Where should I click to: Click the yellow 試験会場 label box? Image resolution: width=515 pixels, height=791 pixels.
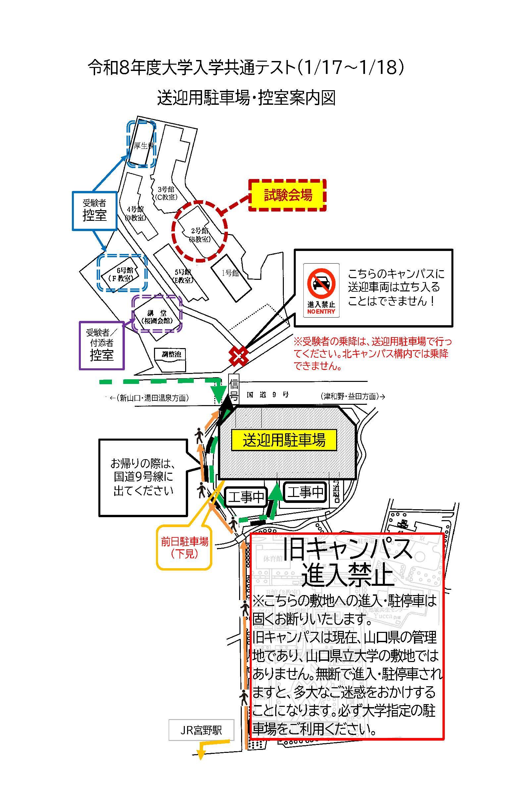click(287, 195)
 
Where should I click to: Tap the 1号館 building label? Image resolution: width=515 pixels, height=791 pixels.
click(230, 273)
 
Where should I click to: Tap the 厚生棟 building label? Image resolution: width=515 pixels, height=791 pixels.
click(143, 146)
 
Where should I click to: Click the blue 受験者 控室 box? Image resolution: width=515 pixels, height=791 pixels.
click(95, 211)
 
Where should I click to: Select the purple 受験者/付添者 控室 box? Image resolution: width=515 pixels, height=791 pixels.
click(102, 345)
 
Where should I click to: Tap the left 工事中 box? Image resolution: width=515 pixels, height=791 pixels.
click(246, 497)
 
